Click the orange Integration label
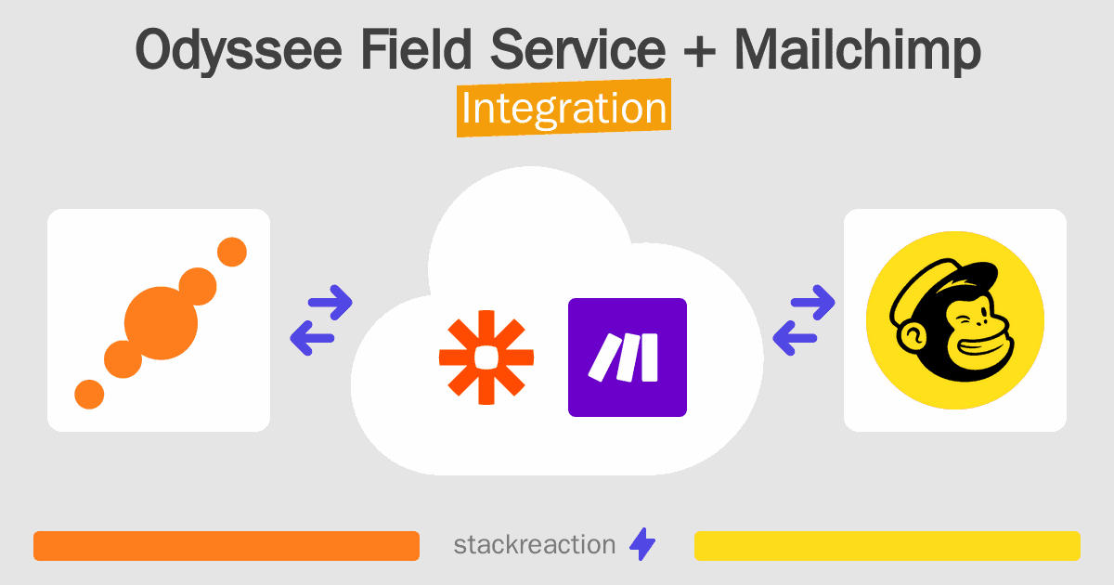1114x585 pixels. point(563,110)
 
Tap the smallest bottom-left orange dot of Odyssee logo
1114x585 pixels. point(89,393)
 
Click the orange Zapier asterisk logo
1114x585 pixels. point(486,357)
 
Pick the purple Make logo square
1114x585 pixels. point(627,357)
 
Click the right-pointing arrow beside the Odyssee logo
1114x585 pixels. point(330,302)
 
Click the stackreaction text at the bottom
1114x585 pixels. point(534,545)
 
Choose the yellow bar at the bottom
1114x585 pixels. point(887,546)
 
